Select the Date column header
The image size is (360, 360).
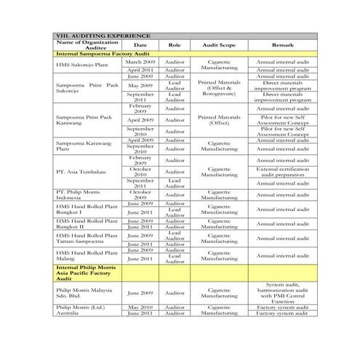tap(140, 45)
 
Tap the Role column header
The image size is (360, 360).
tap(175, 45)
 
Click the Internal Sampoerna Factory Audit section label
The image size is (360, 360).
tap(103, 55)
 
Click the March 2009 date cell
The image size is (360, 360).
tap(140, 63)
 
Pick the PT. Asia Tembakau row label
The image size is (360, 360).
tap(81, 171)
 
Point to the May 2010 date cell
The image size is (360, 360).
tap(140, 308)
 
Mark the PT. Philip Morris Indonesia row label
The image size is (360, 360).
tap(81, 195)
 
